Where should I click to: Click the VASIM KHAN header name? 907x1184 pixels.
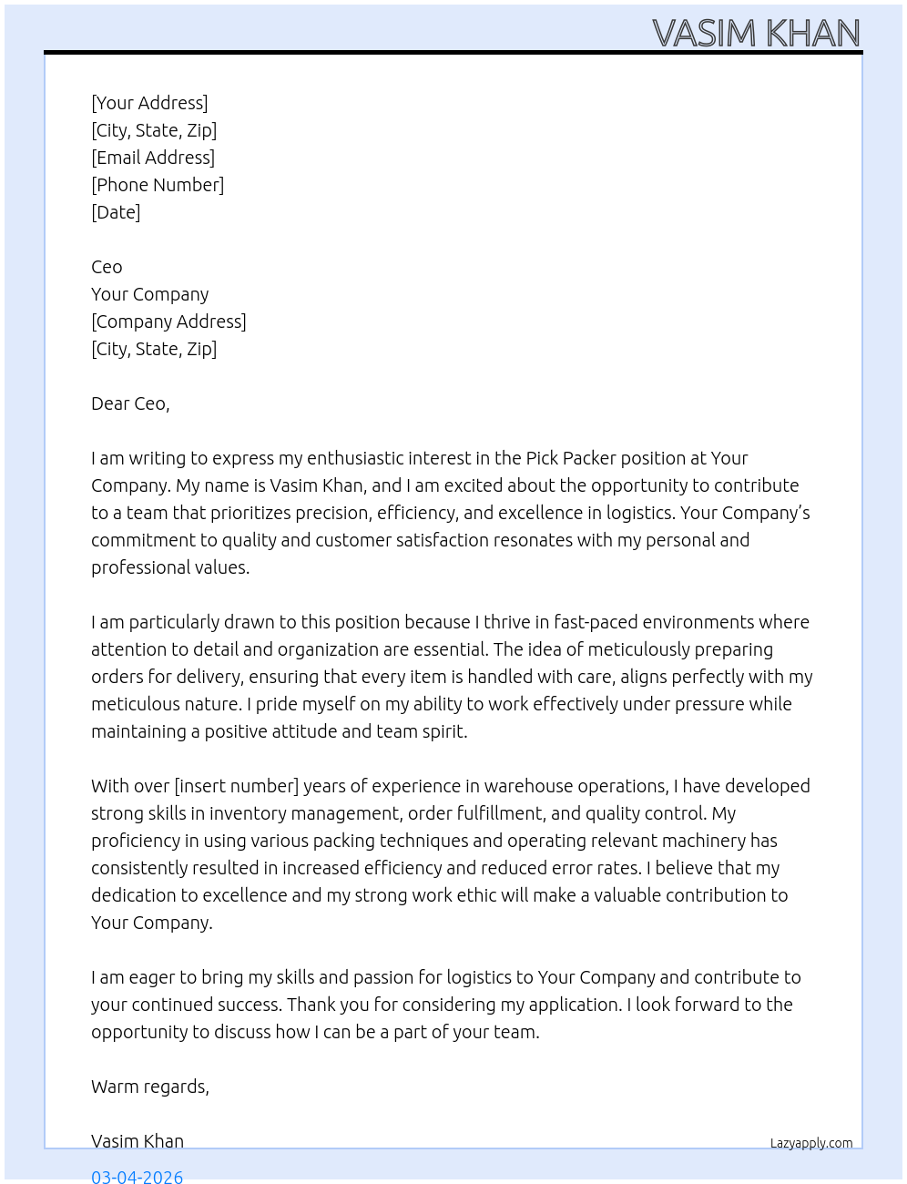[756, 34]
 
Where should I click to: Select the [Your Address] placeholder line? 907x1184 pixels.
[149, 103]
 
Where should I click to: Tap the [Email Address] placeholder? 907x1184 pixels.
[153, 158]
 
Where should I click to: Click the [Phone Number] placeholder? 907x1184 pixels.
[158, 185]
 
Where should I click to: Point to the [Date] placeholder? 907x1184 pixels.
[116, 212]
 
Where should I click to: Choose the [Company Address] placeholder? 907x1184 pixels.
[168, 322]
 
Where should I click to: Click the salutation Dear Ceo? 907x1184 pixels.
[130, 403]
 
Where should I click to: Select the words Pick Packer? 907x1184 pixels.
[576, 458]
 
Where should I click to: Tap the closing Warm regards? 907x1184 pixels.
[150, 1087]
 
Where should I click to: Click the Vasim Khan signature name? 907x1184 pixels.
[138, 1141]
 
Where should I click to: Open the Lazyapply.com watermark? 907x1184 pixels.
[811, 1143]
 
